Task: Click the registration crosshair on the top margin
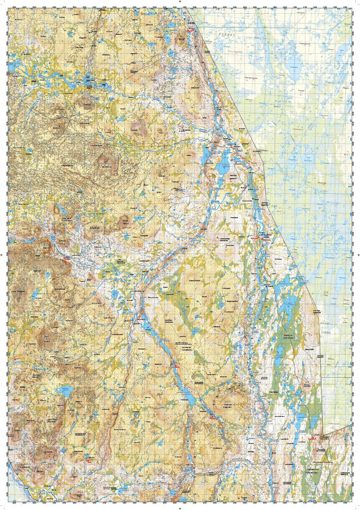coord(180,2)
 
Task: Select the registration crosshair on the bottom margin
coord(180,508)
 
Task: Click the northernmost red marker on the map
coord(190,30)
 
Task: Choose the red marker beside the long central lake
coord(176,366)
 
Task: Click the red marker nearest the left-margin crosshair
coord(66,259)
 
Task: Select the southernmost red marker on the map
coord(89,459)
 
